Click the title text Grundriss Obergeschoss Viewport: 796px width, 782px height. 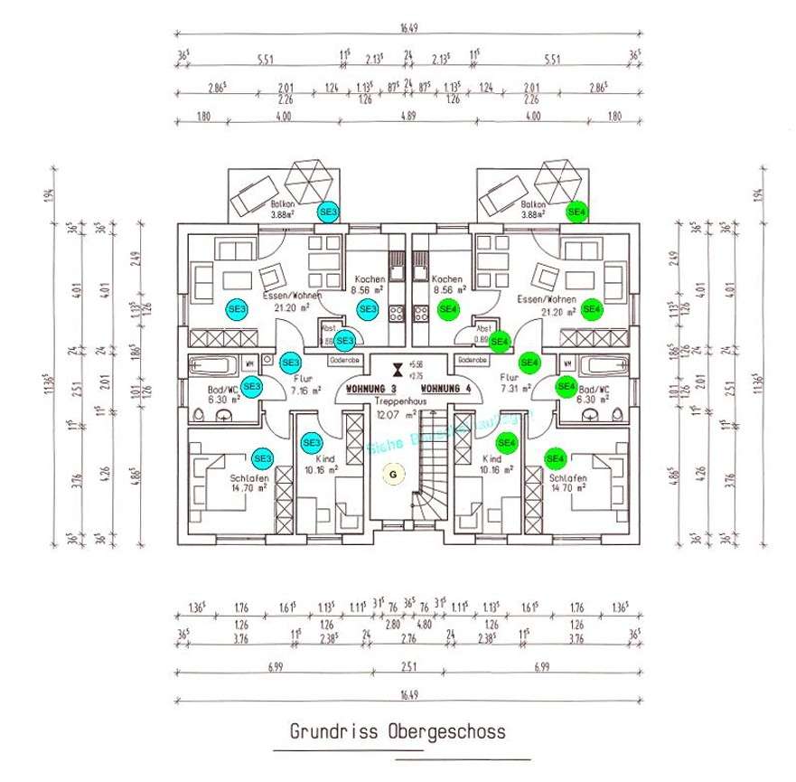tap(398, 730)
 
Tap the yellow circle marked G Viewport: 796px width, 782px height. tap(392, 473)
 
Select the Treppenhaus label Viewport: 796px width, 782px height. tap(397, 399)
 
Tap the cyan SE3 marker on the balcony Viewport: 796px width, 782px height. tap(329, 211)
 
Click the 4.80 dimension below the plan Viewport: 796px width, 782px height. tap(424, 624)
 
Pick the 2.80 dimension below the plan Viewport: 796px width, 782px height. tap(393, 624)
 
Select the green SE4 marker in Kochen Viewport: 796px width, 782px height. tap(447, 309)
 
